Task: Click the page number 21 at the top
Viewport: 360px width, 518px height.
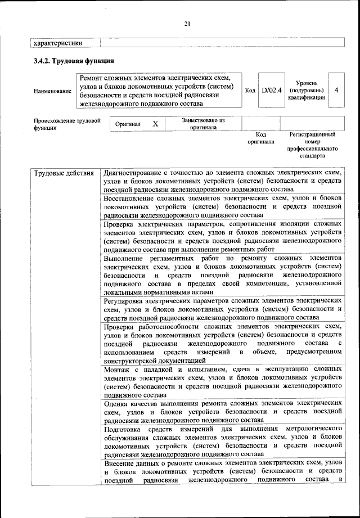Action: pos(187,23)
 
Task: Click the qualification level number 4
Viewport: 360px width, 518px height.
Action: pos(336,90)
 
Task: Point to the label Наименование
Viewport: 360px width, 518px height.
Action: pos(52,91)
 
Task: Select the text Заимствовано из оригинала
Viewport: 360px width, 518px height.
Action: pos(203,124)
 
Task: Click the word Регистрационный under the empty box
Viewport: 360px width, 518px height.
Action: pos(312,135)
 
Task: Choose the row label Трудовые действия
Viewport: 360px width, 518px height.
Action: pos(64,173)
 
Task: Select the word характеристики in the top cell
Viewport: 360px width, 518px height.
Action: pos(58,42)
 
